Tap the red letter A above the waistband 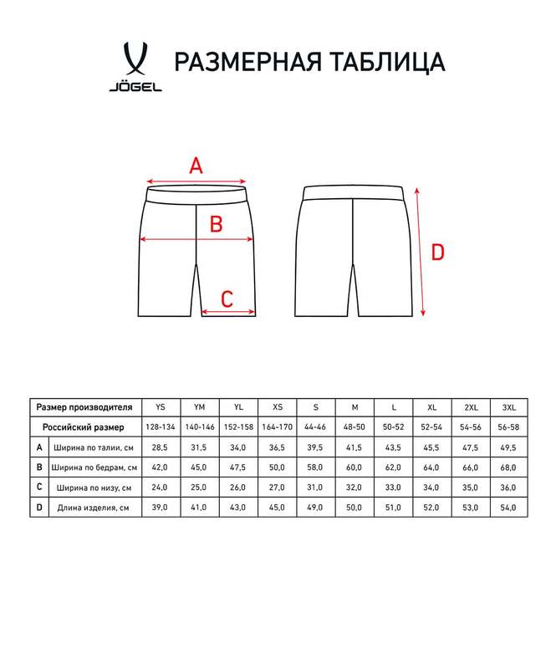click(196, 165)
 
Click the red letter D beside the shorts click(438, 251)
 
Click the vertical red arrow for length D click(421, 251)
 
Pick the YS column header click(161, 407)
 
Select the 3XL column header click(508, 407)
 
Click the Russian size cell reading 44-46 click(315, 426)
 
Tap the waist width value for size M click(355, 447)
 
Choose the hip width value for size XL click(431, 467)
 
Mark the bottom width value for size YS click(161, 487)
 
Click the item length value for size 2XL click(470, 507)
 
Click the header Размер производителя click(84, 407)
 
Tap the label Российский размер click(84, 426)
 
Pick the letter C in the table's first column click(38, 487)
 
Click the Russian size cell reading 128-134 click(161, 426)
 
